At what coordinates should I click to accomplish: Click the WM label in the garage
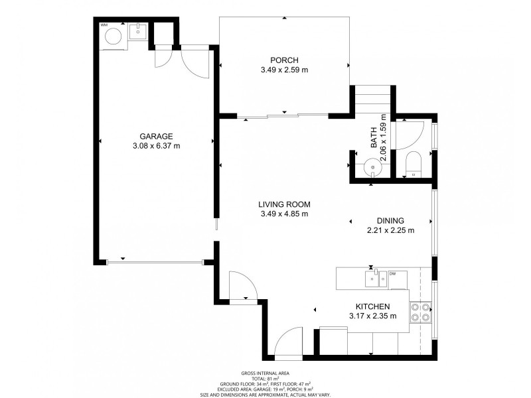tap(104, 25)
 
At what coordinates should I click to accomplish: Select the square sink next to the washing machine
tap(138, 31)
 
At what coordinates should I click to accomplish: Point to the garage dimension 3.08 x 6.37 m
tap(156, 146)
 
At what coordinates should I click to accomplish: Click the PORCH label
tap(284, 59)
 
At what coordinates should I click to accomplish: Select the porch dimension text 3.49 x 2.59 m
tap(284, 69)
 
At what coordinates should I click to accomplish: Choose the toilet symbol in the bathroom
tap(413, 163)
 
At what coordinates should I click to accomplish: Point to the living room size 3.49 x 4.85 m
tap(284, 214)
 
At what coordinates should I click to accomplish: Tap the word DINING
tap(390, 221)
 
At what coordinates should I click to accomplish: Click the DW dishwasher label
tap(393, 273)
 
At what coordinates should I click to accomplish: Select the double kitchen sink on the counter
tap(375, 279)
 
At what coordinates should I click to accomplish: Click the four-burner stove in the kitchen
tap(419, 312)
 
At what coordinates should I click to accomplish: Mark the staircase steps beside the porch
tap(372, 100)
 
